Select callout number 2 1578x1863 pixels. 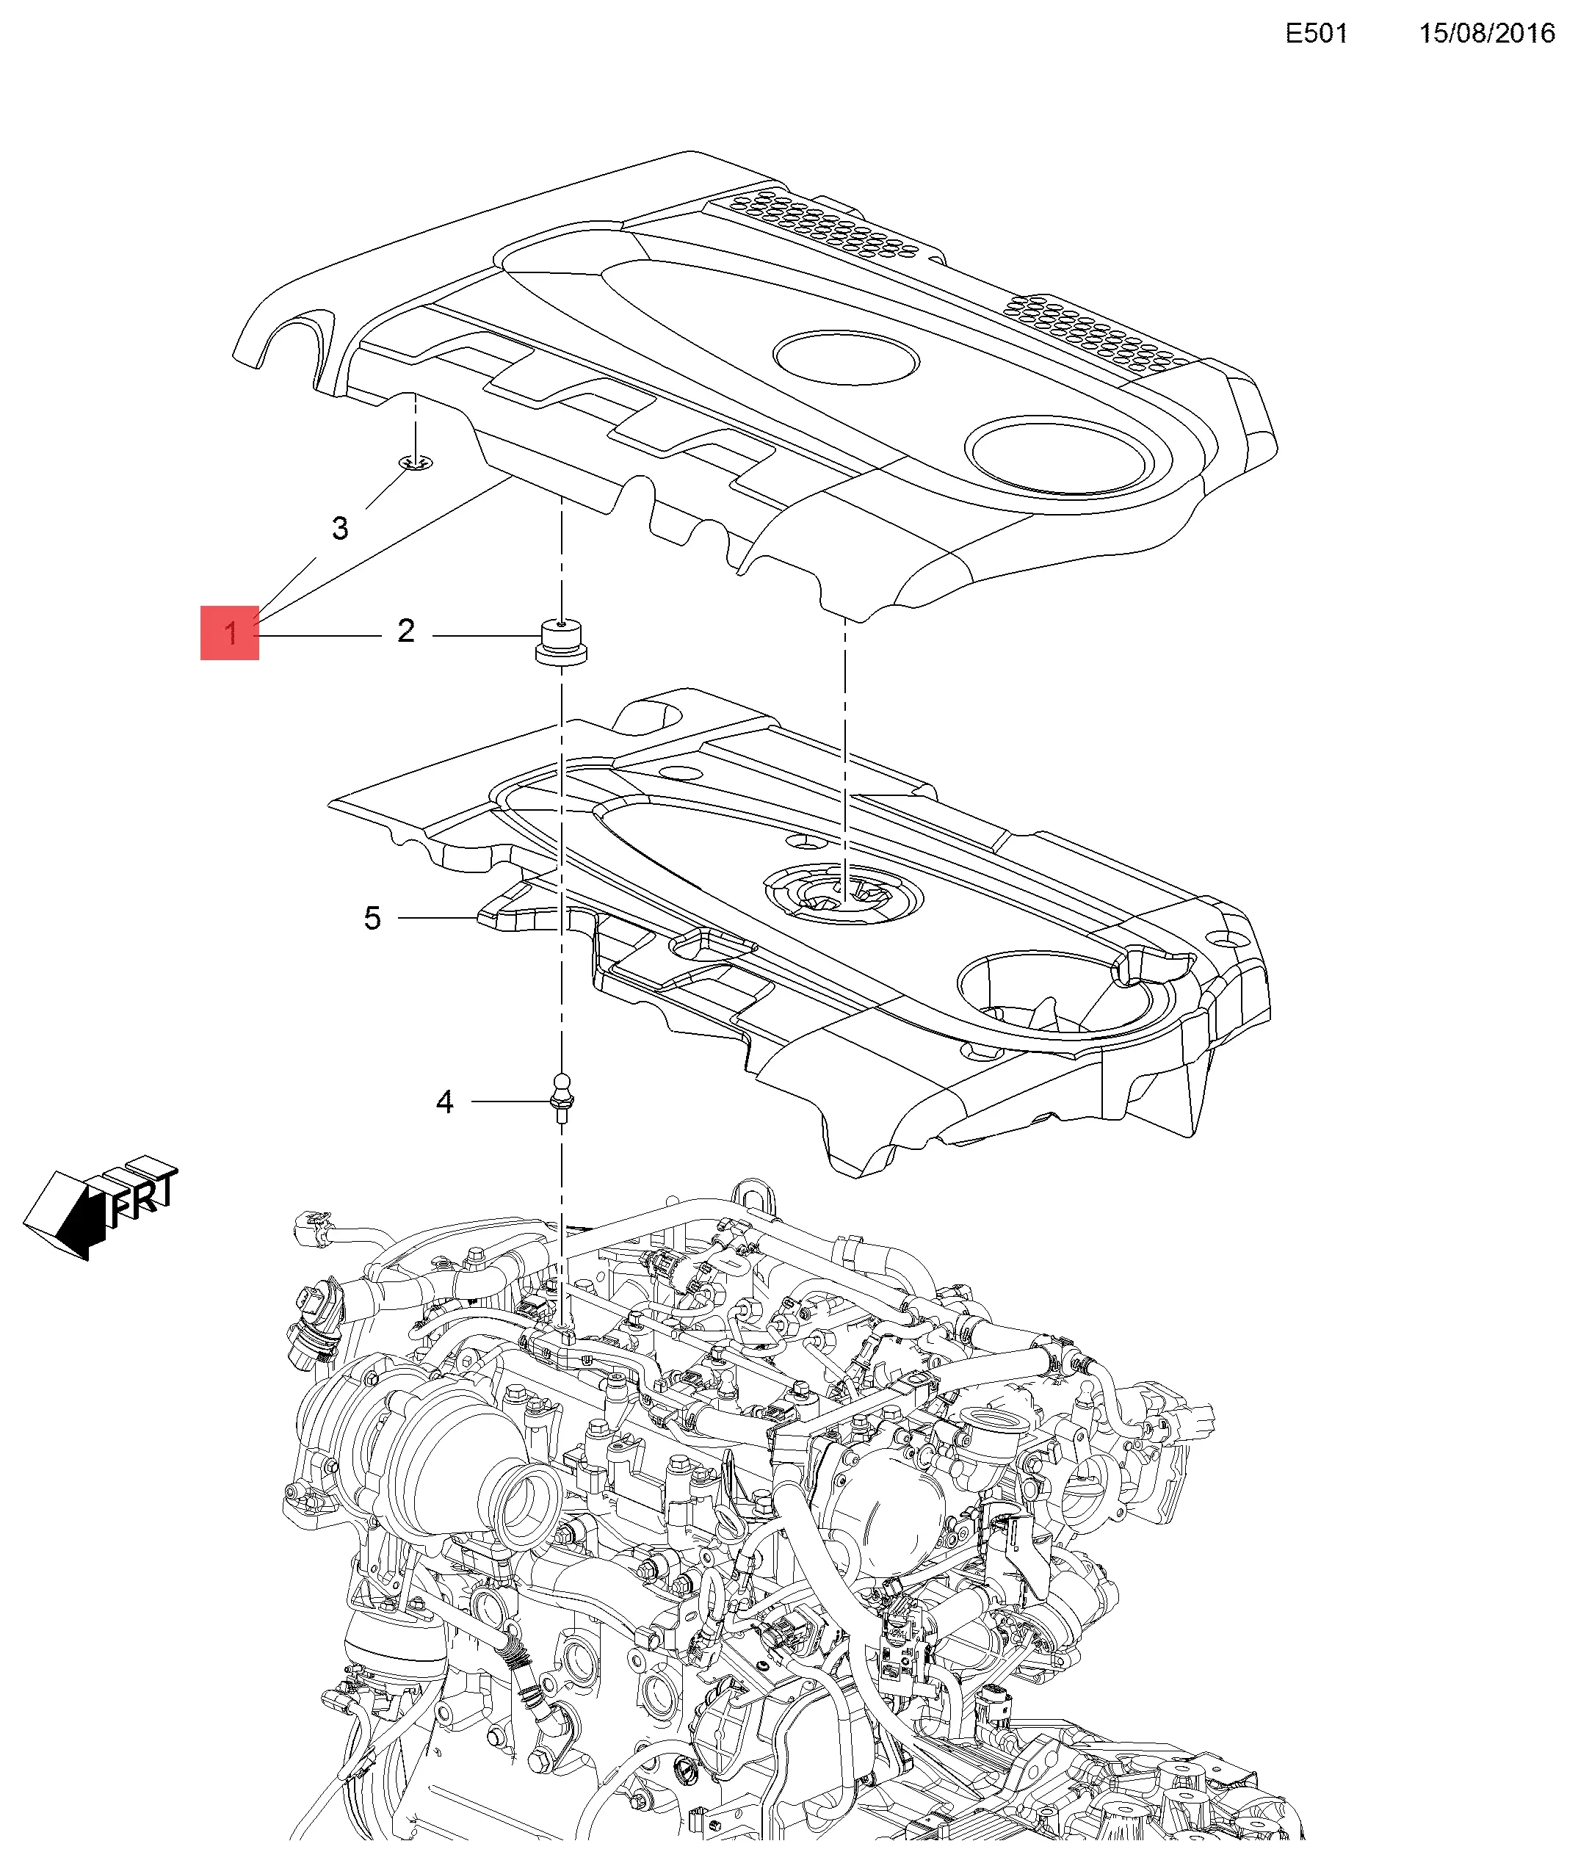(406, 632)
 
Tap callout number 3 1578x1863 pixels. (340, 529)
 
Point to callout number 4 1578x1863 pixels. (444, 1102)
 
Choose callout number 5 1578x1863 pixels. (372, 918)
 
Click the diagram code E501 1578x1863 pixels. (1316, 33)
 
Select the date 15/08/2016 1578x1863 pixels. (1487, 33)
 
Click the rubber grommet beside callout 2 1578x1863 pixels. (560, 642)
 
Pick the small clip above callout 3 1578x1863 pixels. (416, 463)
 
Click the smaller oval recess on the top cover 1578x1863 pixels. (845, 358)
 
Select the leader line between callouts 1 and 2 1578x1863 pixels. (319, 636)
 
